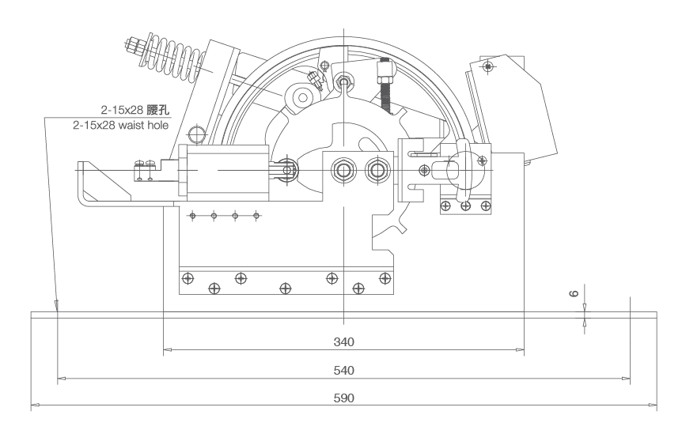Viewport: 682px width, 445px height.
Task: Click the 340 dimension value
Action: (343, 342)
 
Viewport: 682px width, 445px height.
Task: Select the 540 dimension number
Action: (343, 370)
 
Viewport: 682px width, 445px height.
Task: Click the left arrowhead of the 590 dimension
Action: (33, 406)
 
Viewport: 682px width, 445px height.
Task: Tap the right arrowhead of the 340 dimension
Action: (521, 350)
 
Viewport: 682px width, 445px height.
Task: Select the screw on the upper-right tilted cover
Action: (489, 66)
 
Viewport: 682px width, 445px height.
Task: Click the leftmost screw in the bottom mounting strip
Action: (187, 277)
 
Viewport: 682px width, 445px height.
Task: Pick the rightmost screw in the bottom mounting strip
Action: (385, 278)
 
